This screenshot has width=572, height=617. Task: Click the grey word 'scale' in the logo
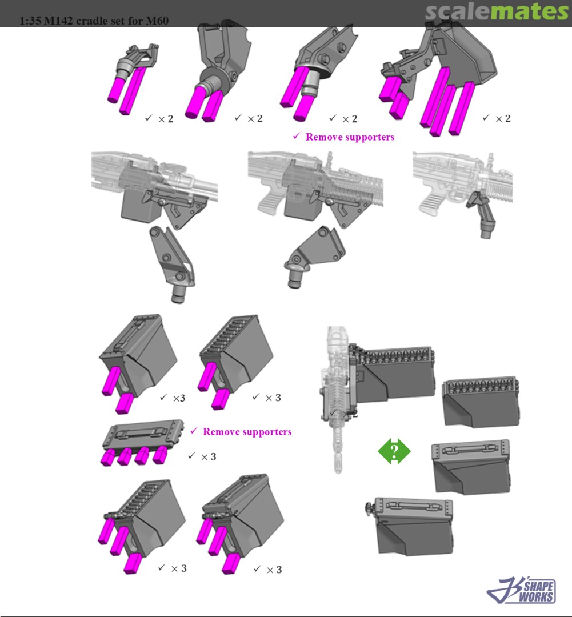[455, 12]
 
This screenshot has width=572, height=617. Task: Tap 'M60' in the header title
[157, 21]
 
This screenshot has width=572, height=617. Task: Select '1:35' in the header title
[30, 21]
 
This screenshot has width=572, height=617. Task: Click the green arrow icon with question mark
[394, 451]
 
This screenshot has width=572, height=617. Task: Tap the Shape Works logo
[521, 590]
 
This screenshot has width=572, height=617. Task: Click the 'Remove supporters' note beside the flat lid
[241, 432]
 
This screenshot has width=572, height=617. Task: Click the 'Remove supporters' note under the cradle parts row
[343, 137]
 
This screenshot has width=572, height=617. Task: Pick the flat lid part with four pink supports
[142, 443]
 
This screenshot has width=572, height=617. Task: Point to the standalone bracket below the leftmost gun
[173, 264]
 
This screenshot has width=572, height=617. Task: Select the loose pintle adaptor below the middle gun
[314, 256]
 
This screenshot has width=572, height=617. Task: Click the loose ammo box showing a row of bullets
[482, 401]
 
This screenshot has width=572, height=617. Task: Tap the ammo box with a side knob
[410, 526]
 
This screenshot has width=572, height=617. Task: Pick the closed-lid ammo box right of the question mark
[471, 467]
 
